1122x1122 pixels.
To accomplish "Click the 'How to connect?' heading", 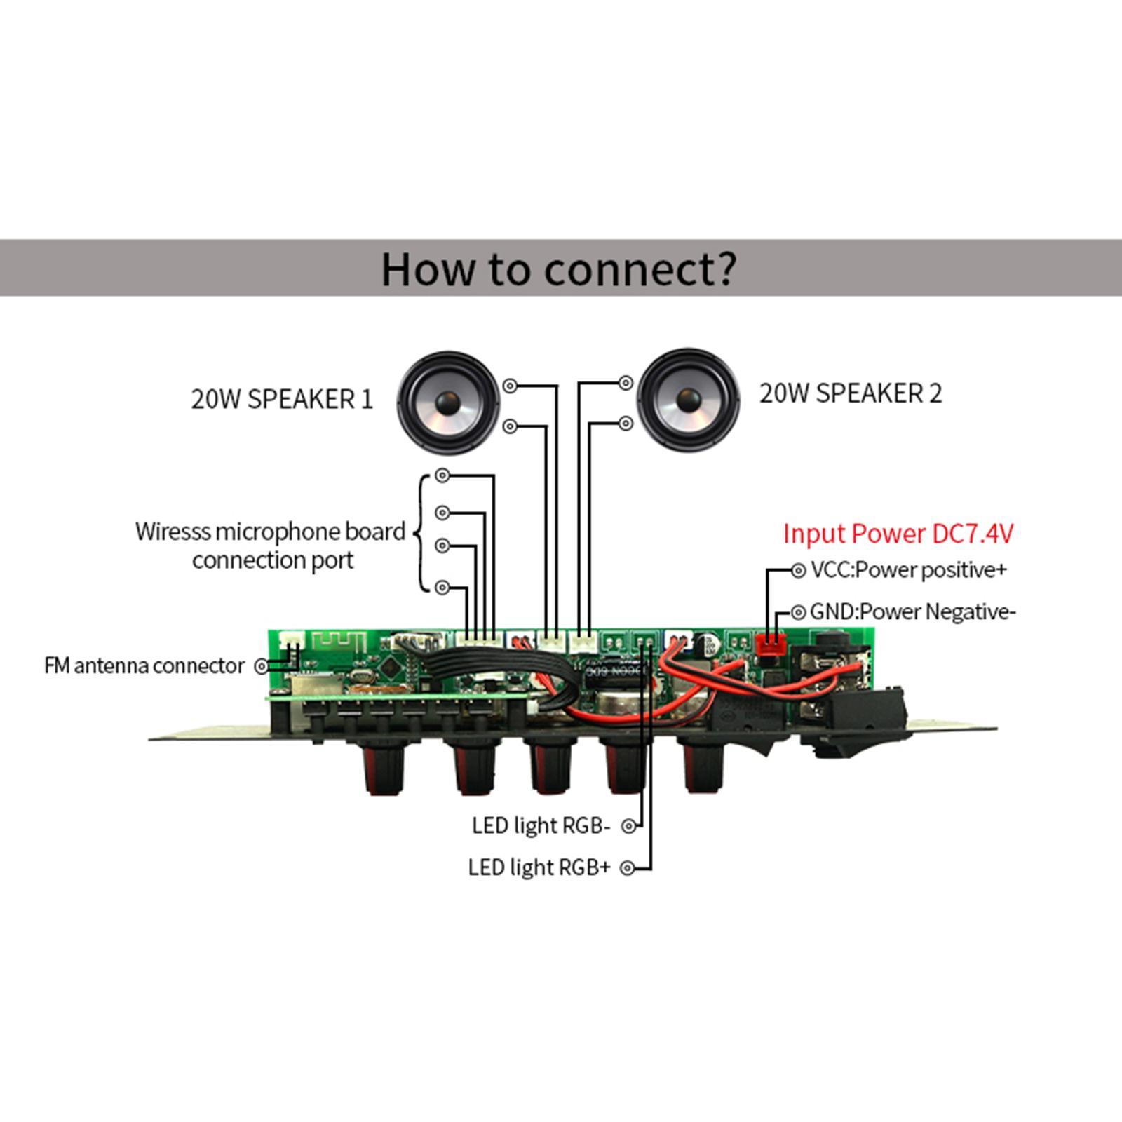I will [x=559, y=269].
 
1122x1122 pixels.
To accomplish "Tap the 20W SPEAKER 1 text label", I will [x=282, y=399].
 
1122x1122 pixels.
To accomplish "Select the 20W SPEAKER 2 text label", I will [x=851, y=393].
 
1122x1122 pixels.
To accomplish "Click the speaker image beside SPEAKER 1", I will [x=447, y=403].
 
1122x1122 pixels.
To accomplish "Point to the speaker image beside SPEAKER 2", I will [x=688, y=400].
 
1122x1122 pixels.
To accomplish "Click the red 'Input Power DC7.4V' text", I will [x=898, y=534].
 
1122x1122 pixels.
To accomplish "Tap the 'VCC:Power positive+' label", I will [x=908, y=570].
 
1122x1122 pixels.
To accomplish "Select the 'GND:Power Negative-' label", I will [x=912, y=612].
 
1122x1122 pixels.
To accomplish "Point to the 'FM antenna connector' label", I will [x=144, y=665].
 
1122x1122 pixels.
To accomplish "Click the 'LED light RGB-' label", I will [x=541, y=826].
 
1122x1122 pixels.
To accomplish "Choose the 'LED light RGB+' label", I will [x=539, y=868].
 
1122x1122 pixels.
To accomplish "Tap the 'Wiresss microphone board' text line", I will [x=270, y=532].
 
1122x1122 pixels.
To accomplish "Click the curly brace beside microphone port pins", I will [x=421, y=533].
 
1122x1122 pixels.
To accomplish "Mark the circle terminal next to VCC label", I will [x=798, y=571].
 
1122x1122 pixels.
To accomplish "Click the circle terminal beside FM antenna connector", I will [x=262, y=666].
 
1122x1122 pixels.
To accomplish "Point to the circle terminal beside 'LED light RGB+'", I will [x=628, y=868].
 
